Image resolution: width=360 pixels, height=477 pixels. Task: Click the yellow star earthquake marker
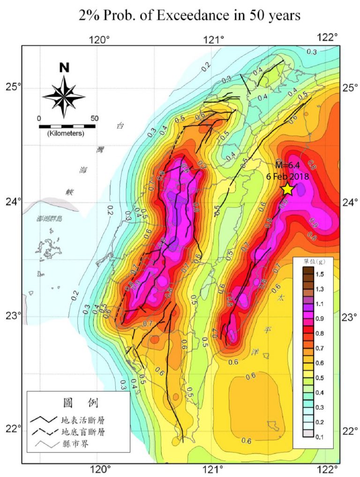pos(288,189)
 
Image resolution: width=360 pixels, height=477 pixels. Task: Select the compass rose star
pos(64,96)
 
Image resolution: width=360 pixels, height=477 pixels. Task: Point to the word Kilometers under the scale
pos(66,134)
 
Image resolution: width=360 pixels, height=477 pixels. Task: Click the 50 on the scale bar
pos(94,119)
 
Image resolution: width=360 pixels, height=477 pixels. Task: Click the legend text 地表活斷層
pos(87,420)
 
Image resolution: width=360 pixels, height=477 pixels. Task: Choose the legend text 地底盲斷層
pos(87,432)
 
